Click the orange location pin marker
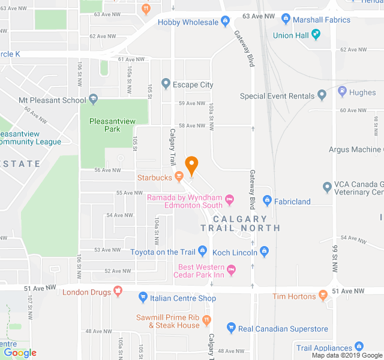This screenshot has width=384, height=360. [191, 165]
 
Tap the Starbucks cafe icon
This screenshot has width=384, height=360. [179, 177]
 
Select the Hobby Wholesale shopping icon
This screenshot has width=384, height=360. [225, 22]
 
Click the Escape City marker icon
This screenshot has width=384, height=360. [166, 85]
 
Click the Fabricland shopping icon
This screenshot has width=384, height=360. [268, 201]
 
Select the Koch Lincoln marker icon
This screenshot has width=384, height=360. [264, 252]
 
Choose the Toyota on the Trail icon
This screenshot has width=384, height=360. [203, 252]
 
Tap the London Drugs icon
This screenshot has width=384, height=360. [118, 292]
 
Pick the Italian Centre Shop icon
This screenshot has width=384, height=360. [143, 298]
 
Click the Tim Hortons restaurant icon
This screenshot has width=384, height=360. [323, 296]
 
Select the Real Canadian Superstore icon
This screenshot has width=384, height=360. [232, 328]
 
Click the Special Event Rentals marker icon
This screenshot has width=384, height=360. [322, 95]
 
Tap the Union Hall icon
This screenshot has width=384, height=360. [316, 35]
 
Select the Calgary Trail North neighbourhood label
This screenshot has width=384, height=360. [240, 223]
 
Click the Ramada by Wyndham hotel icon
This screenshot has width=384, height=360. [229, 198]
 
